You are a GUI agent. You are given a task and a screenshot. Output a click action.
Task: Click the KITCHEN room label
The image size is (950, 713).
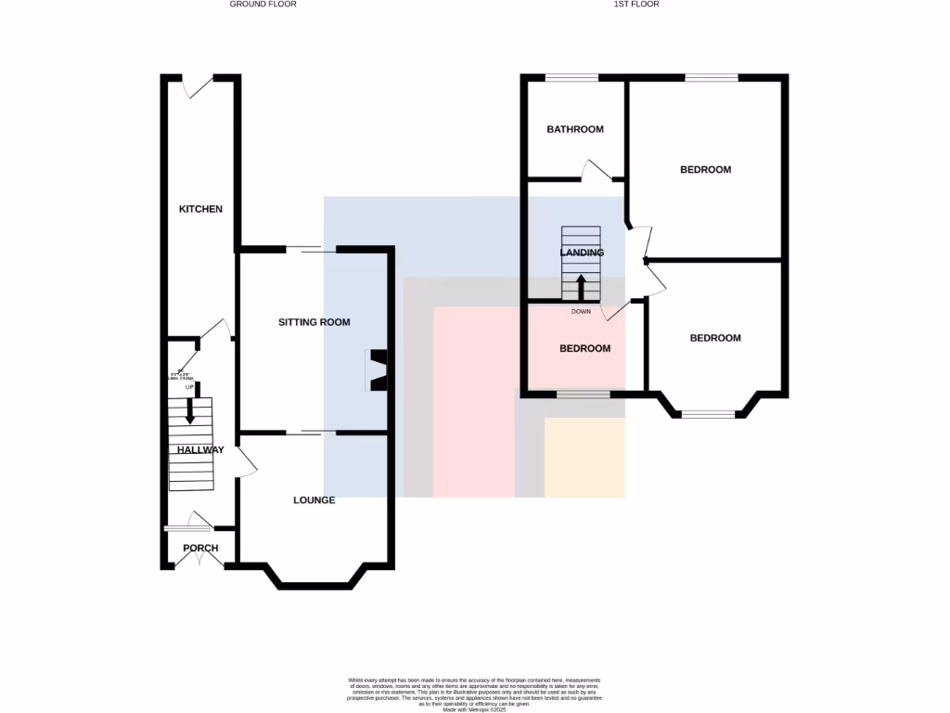[x=200, y=209]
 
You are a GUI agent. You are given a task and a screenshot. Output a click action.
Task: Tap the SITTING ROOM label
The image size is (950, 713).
[x=314, y=323]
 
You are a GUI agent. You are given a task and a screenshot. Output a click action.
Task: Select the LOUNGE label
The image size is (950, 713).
[x=314, y=499]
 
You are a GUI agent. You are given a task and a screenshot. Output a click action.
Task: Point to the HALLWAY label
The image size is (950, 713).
[x=200, y=450]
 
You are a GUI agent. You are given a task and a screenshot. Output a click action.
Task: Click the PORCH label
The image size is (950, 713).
[x=200, y=548]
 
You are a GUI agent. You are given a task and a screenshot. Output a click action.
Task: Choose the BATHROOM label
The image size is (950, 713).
[x=574, y=129]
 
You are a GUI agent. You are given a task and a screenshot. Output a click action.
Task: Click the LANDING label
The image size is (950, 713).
[x=582, y=253]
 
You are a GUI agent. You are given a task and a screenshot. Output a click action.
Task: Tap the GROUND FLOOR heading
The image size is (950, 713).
[x=263, y=5]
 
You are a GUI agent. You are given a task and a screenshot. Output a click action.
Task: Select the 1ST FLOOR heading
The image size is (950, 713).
[x=636, y=5]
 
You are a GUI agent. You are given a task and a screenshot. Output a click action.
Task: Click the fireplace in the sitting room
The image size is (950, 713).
[x=379, y=369]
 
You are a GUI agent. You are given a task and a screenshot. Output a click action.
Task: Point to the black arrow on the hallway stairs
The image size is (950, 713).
[x=190, y=411]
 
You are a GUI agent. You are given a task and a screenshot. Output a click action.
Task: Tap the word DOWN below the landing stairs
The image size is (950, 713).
[x=581, y=312]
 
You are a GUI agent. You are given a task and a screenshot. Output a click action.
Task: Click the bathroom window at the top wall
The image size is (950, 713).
[x=571, y=78]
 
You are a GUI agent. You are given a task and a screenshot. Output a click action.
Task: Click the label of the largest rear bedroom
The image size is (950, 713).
[x=705, y=170]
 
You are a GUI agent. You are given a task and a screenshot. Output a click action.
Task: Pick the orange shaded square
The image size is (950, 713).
[x=584, y=457]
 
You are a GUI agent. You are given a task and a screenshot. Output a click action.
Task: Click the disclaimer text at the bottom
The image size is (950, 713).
[x=475, y=694]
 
